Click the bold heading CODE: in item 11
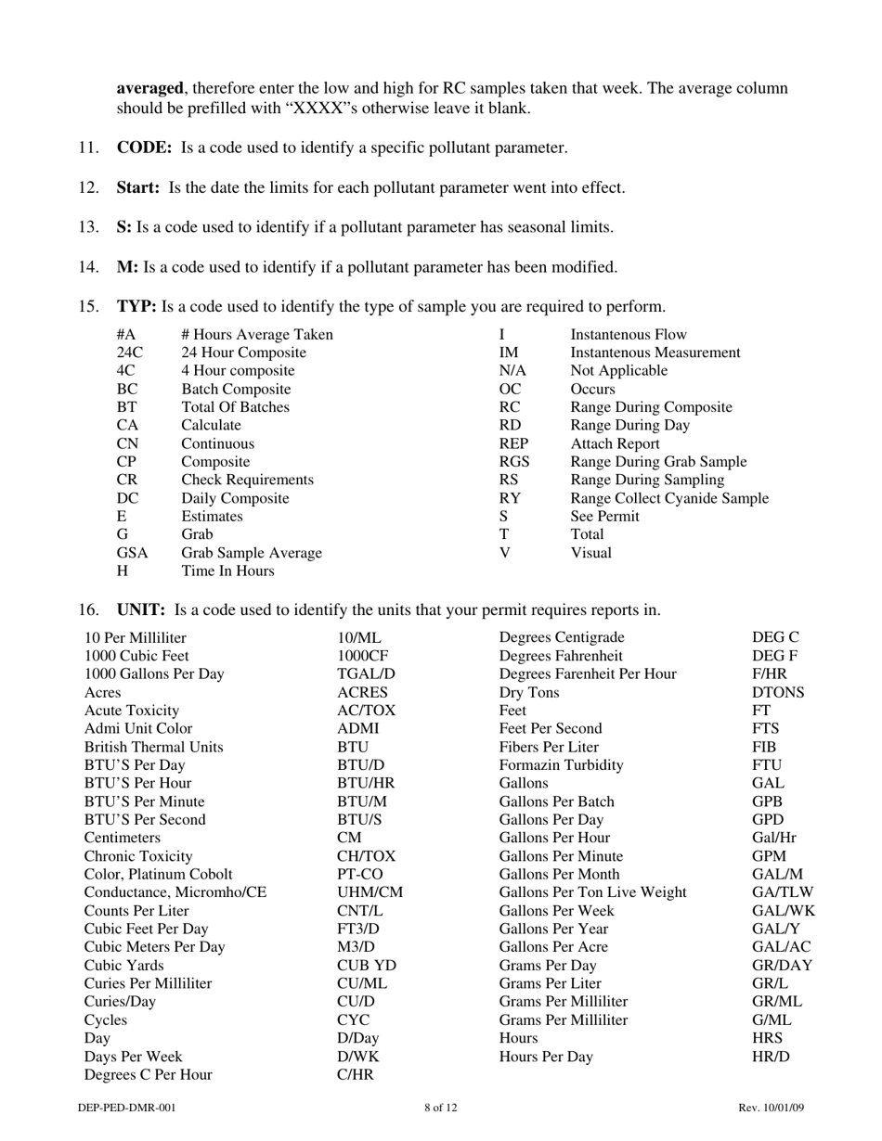tap(144, 147)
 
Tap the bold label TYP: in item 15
tap(136, 306)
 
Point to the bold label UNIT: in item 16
tap(141, 609)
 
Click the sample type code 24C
tap(130, 353)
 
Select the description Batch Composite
tap(236, 389)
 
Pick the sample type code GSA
tap(133, 553)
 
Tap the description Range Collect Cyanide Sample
tap(668, 498)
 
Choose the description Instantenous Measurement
tap(655, 353)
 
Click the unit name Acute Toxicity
tap(132, 711)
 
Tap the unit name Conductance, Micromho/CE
tap(175, 892)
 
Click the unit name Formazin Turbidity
tap(561, 765)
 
